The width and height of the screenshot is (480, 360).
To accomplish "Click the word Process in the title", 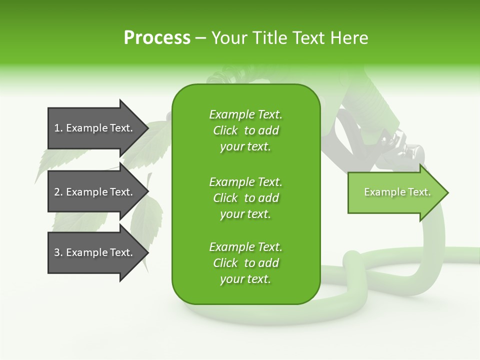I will [157, 38].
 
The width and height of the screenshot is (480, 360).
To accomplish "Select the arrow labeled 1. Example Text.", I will [95, 128].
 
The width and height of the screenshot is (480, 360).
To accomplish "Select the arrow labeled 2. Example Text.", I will [95, 192].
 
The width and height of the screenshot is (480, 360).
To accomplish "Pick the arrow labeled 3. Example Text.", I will [95, 252].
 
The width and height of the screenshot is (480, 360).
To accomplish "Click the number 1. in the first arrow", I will [58, 128].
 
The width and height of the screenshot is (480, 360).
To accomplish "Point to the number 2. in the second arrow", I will [58, 192].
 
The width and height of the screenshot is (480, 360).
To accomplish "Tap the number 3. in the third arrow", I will [58, 252].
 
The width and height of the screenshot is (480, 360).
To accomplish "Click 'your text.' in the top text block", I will [245, 147].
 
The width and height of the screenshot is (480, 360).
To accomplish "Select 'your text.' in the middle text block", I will [245, 214].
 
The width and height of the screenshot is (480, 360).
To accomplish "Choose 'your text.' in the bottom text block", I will [245, 279].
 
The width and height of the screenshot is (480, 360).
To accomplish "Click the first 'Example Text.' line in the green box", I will [245, 114].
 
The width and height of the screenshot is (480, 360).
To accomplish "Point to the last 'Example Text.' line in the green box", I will [245, 247].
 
